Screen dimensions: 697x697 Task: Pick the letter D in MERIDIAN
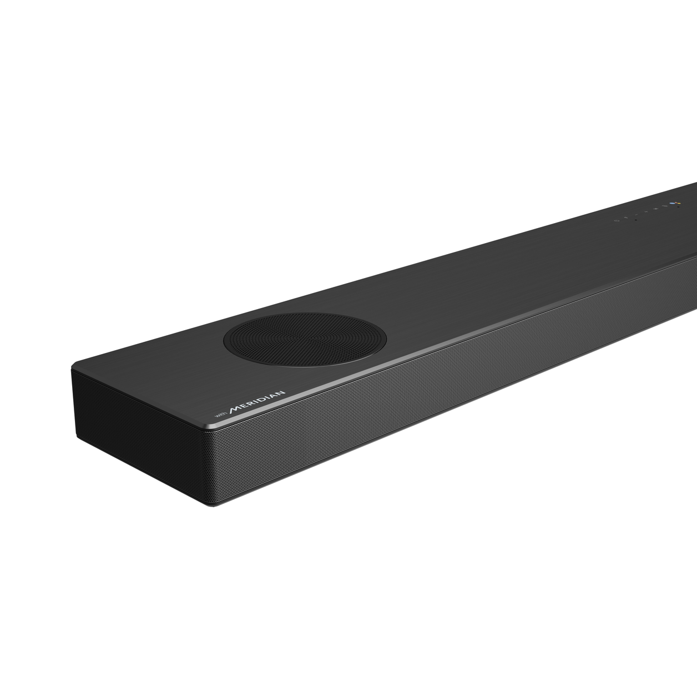[x=261, y=400]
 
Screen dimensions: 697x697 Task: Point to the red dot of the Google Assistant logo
[x=676, y=202]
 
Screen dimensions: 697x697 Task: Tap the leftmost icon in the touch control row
[x=616, y=221]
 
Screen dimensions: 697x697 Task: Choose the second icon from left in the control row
[x=625, y=218]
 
